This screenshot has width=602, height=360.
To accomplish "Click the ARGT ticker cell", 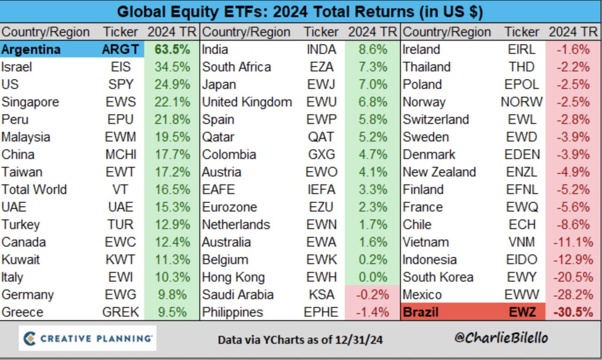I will point(120,49).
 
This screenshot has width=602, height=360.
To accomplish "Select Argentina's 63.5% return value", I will point(172,49).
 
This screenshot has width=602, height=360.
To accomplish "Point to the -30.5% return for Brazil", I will point(573,312).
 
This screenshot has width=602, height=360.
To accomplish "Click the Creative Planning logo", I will point(87,338).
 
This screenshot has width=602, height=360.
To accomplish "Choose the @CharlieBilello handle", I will point(501,338).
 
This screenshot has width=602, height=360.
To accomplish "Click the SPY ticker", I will point(120,84).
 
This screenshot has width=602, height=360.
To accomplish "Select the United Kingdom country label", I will point(247,102).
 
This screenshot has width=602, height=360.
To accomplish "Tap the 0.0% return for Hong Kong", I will point(373,277).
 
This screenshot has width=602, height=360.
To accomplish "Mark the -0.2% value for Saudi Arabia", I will point(372,295).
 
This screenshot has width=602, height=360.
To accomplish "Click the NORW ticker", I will point(521,102).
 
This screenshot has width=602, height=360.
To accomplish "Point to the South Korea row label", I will point(438,277).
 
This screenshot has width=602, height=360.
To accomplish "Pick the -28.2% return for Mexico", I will point(573,295).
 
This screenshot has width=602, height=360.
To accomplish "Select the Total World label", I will point(34,190).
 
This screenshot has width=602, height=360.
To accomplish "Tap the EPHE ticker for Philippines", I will point(321,312).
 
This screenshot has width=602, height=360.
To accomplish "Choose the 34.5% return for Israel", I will point(172,67).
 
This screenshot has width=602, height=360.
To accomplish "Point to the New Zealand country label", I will point(439,172).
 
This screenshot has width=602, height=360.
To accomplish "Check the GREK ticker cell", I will point(120,312).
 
